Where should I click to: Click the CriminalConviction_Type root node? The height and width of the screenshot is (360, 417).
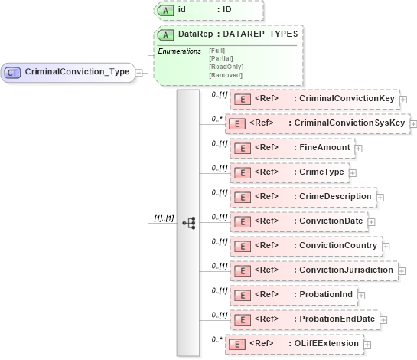point(68,72)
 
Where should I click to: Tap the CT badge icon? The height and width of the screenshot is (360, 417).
point(13,72)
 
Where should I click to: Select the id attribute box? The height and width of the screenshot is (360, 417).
point(208,11)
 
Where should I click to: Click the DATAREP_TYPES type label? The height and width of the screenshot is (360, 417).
point(261,34)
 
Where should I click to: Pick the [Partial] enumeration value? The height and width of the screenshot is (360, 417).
point(220,58)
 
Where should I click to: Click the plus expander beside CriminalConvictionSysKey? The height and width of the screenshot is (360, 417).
point(413,123)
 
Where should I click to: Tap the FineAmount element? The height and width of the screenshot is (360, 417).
point(290,147)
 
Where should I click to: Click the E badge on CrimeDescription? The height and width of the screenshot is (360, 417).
point(242,197)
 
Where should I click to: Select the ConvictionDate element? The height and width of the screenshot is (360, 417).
point(299,221)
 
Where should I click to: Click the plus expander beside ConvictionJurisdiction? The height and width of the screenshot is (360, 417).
point(402,270)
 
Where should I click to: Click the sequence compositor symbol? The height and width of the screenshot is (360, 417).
point(188,222)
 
